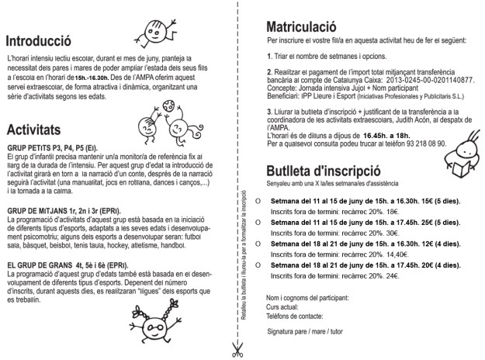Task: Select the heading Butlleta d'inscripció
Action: point(323,171)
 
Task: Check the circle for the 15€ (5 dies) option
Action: point(247,199)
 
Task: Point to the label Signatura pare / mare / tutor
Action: point(304,331)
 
